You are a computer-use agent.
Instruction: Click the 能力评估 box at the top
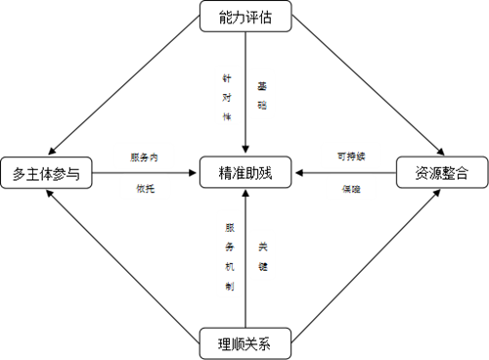[244, 16]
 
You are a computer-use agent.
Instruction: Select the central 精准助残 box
[244, 173]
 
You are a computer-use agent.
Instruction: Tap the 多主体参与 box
[46, 174]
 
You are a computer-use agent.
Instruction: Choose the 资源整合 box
[442, 173]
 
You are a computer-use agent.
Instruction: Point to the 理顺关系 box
[244, 343]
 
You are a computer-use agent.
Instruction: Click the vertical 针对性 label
[227, 95]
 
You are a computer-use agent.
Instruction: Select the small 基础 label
[261, 95]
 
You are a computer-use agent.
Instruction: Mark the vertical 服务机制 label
[229, 251]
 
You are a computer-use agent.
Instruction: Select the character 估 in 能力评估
[265, 16]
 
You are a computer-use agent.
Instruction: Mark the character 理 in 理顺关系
[224, 343]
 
